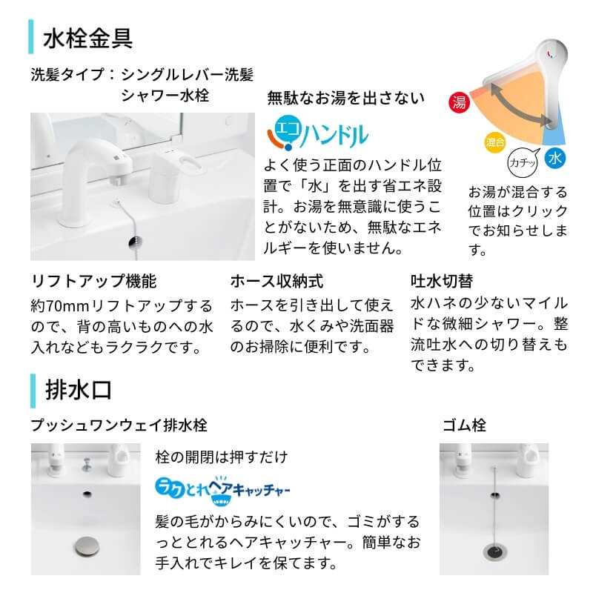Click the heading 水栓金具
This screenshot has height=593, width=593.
[88, 38]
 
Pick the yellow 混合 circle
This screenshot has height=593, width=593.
[495, 141]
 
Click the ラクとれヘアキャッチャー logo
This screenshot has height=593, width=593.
[223, 488]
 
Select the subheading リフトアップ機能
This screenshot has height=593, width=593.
[93, 282]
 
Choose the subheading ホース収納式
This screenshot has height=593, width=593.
[276, 282]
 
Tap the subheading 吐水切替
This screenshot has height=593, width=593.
[442, 282]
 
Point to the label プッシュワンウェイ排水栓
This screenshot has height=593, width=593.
[119, 425]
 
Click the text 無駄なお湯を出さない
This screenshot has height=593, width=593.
[345, 97]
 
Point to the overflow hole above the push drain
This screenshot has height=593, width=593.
[87, 493]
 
